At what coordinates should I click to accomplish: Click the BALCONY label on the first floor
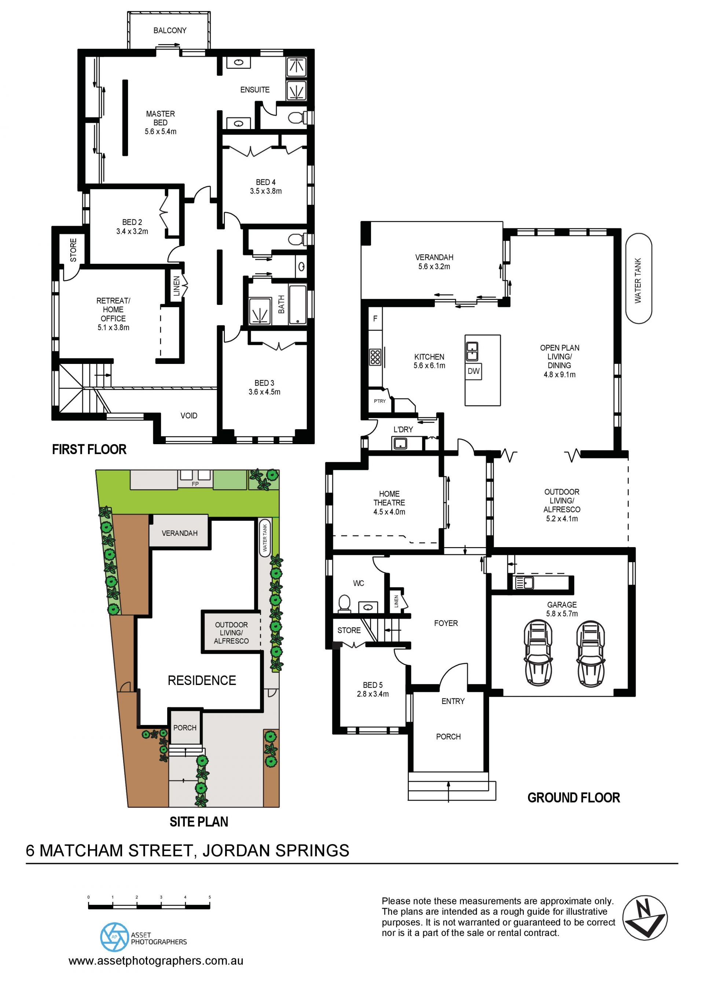click(x=170, y=30)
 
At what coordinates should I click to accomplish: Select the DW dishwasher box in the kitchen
click(x=474, y=371)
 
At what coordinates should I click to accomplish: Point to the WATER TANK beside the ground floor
click(x=638, y=279)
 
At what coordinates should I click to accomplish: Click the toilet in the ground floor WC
click(x=344, y=603)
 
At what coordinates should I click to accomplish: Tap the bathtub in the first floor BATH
click(x=298, y=304)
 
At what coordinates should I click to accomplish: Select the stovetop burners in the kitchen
click(x=375, y=357)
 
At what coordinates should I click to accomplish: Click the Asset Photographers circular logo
click(x=114, y=937)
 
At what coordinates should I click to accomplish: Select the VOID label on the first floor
click(x=189, y=416)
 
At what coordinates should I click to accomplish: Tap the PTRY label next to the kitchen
click(x=380, y=401)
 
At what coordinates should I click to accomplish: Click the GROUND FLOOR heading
click(x=573, y=798)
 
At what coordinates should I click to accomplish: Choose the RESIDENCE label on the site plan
click(x=202, y=681)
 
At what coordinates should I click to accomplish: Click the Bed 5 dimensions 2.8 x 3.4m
click(x=373, y=694)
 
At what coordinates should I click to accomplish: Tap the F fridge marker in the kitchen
click(x=375, y=318)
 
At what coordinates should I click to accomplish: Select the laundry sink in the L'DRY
click(x=400, y=443)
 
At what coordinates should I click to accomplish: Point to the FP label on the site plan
click(x=195, y=484)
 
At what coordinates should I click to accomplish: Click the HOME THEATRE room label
click(x=389, y=498)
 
